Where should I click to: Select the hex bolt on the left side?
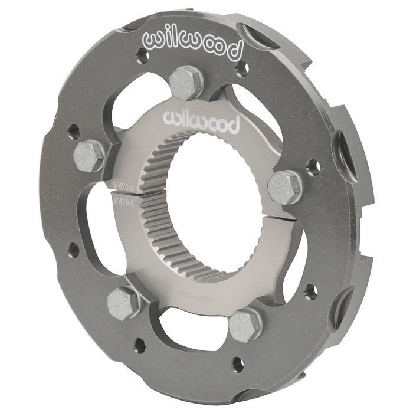[89, 156]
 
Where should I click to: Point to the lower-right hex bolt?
[245, 325]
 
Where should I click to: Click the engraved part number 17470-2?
[121, 187]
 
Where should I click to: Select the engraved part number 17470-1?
[121, 202]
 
